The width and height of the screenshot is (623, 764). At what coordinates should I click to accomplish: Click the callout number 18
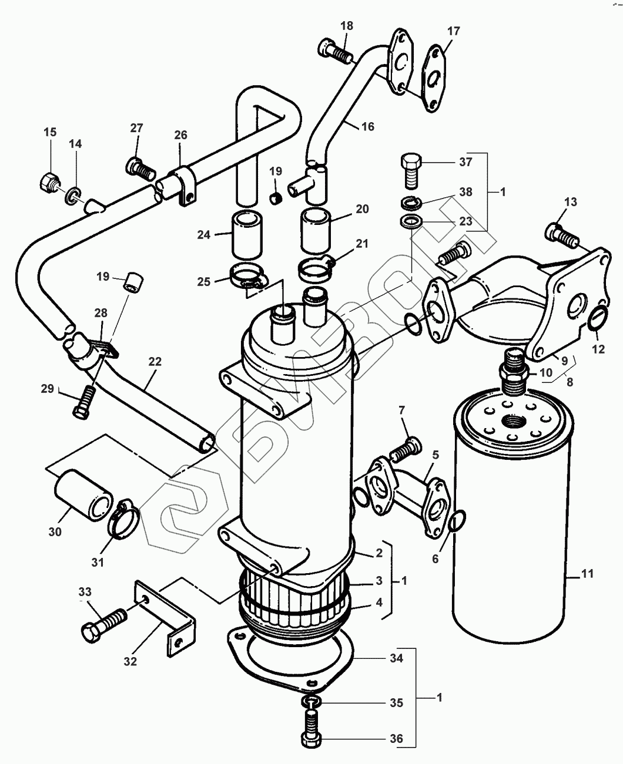(347, 26)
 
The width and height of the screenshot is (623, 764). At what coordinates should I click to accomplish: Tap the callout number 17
(454, 31)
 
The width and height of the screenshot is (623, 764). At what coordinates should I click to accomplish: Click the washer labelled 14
(73, 196)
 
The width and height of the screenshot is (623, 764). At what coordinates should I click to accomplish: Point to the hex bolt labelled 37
(411, 171)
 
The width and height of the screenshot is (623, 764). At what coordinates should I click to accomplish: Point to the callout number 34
(396, 658)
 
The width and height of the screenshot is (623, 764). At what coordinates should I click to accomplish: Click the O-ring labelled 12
(598, 318)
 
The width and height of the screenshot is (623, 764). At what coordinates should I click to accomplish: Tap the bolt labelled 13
(562, 234)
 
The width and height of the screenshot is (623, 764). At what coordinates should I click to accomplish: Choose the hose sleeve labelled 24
(247, 235)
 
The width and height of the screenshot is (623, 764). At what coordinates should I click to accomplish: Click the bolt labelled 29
(84, 401)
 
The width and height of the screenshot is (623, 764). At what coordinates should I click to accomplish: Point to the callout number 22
(155, 361)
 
